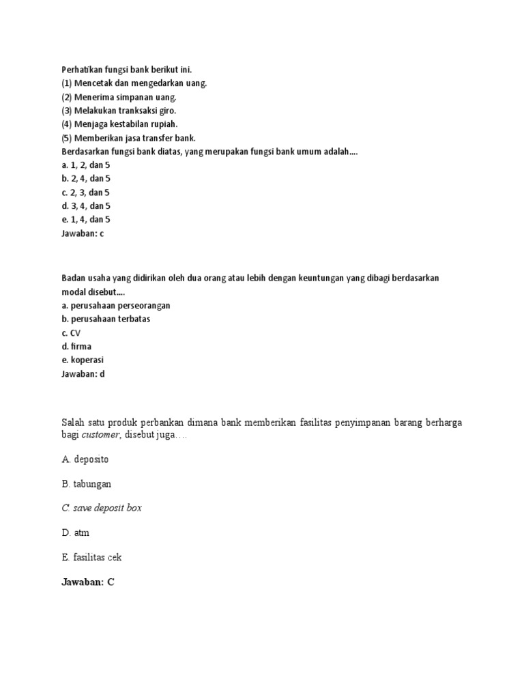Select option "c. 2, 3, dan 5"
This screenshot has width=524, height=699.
[x=86, y=192]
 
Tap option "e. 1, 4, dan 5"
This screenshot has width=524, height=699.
[x=86, y=219]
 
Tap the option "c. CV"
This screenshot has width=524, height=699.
[x=71, y=332]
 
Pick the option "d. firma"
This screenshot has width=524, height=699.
[x=76, y=346]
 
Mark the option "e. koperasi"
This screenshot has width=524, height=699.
[x=83, y=360]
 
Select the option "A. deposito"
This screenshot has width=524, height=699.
[x=85, y=459]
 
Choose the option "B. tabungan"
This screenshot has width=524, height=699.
[x=86, y=483]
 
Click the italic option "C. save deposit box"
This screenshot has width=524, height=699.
[x=102, y=508]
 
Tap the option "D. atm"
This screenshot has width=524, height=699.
[x=76, y=532]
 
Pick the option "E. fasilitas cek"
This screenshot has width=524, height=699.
[x=92, y=557]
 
